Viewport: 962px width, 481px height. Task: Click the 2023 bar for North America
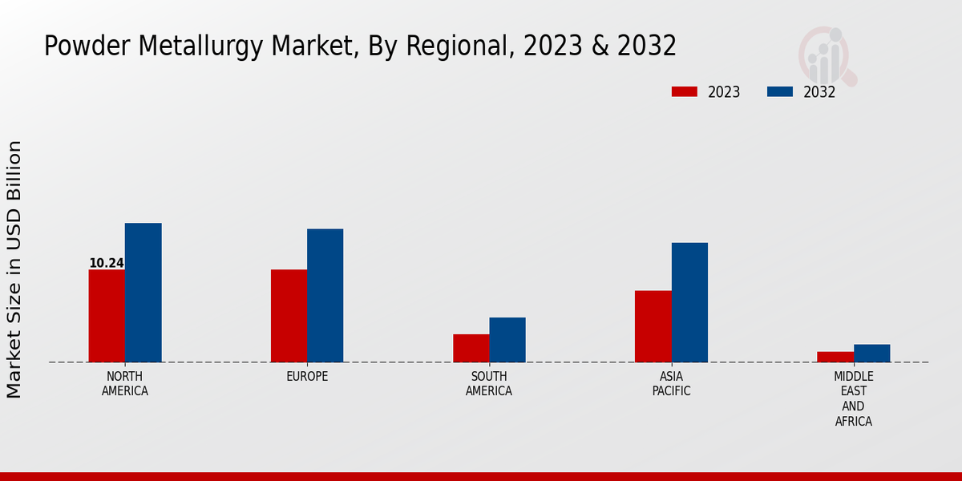[x=107, y=316]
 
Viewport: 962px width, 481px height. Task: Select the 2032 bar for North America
[x=143, y=293]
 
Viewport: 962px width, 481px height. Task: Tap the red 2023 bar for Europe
[x=289, y=316]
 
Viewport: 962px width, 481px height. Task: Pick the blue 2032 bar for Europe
[x=325, y=296]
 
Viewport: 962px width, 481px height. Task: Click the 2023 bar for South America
[x=471, y=348]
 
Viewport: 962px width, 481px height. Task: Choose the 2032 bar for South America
[x=507, y=340]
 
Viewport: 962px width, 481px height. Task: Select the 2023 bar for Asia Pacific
[x=653, y=326]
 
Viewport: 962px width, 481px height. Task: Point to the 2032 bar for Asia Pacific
[x=689, y=302]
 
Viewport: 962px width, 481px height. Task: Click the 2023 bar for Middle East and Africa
[x=835, y=357]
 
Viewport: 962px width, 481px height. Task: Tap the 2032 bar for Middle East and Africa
[x=871, y=354]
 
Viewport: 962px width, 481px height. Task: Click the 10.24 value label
[x=107, y=263]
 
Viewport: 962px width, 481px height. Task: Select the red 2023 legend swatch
[x=685, y=91]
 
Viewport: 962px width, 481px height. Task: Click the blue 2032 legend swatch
[x=779, y=91]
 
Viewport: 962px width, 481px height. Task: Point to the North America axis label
[x=125, y=384]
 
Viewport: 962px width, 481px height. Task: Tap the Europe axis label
[x=307, y=377]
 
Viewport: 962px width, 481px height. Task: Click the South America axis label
[x=489, y=384]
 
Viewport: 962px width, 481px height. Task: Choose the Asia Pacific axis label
[x=671, y=384]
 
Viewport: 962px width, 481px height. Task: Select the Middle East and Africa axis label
[x=854, y=398]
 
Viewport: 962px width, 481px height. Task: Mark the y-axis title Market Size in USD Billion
[x=14, y=269]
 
